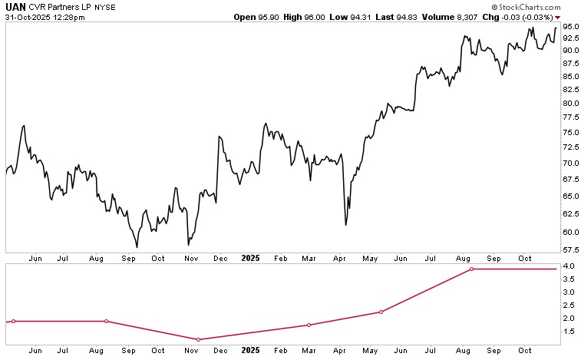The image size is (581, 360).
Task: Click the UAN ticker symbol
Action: coord(15,6)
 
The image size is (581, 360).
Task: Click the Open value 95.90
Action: coord(283,6)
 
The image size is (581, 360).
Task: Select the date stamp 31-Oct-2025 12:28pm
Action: coord(45,16)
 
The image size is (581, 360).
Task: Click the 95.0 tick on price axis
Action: coord(569,27)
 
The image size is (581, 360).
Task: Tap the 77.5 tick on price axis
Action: coord(569,117)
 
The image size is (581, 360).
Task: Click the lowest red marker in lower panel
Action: coord(199,339)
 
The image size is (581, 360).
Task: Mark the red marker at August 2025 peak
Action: coord(472,269)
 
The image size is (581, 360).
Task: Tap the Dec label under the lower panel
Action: coord(220,350)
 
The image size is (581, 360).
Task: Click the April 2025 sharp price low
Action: coord(346,225)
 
